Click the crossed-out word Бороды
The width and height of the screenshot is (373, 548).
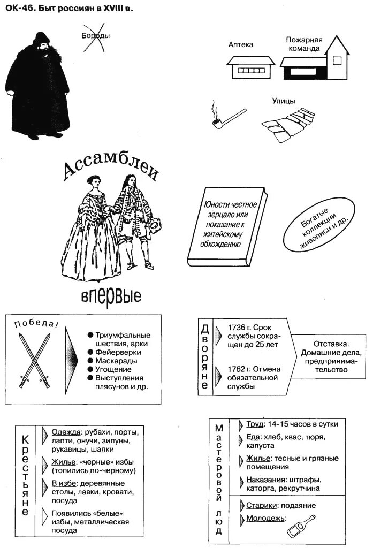(95, 36)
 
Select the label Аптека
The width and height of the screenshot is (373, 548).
(240, 45)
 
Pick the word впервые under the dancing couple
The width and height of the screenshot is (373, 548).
(111, 295)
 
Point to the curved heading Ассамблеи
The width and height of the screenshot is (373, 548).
(112, 165)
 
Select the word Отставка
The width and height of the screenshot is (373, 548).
(331, 344)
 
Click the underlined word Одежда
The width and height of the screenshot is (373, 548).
(66, 431)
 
